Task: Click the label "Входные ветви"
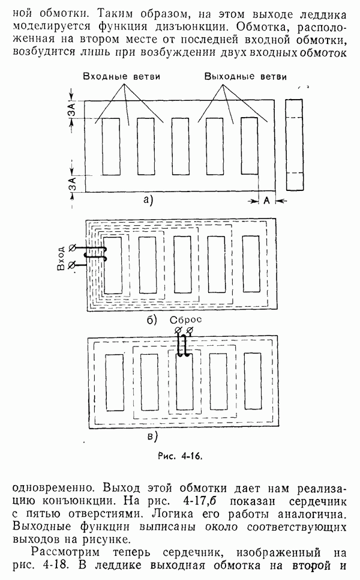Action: click(121, 77)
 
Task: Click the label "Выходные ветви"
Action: click(245, 77)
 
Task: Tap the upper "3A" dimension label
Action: click(73, 110)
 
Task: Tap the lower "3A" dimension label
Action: click(73, 184)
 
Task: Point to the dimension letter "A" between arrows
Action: click(267, 201)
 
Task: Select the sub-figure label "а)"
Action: click(148, 200)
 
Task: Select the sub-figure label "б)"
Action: click(152, 320)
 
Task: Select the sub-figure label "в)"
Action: click(152, 437)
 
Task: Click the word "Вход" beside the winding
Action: click(61, 258)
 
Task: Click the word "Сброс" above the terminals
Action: click(186, 319)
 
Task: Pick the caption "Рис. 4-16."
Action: click(181, 456)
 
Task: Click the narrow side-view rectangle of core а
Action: click(295, 145)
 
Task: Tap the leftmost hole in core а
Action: click(111, 147)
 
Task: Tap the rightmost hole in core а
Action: click(250, 146)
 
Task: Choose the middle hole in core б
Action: click(182, 264)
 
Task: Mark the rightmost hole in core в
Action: click(253, 381)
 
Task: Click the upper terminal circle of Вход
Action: click(73, 247)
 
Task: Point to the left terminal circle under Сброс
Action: click(178, 330)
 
